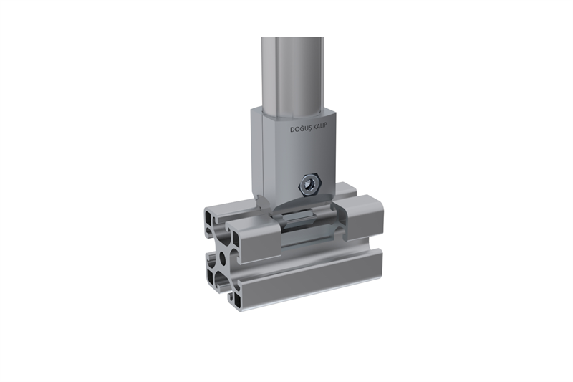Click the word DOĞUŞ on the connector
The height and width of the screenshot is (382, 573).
[x=299, y=129]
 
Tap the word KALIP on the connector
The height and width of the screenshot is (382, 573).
[x=318, y=126]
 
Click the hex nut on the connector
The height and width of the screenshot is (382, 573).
[x=309, y=184]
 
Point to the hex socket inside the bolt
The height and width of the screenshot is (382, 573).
[x=310, y=185]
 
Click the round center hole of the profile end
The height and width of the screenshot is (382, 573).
[x=222, y=259]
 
